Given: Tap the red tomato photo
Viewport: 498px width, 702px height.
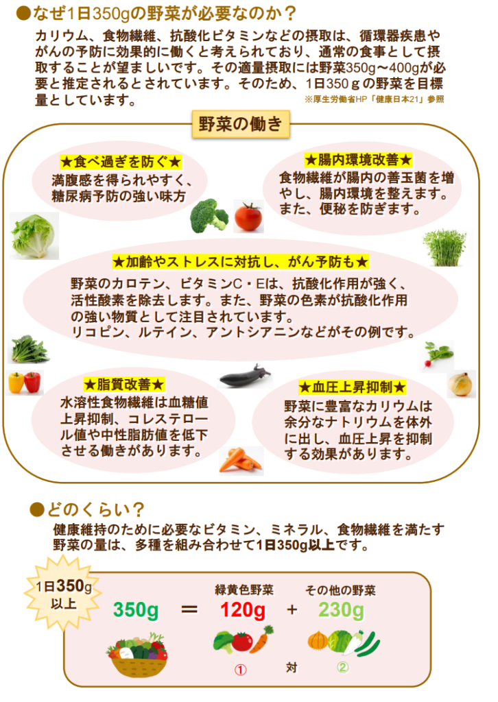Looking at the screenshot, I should click(x=248, y=217).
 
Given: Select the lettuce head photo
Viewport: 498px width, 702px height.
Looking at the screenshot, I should click(x=34, y=235).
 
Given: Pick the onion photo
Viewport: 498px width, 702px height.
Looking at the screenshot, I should click(x=460, y=384).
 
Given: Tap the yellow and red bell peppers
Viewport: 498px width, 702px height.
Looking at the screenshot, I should click(x=25, y=381).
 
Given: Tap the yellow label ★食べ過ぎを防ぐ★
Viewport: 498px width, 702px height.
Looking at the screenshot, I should click(x=120, y=162).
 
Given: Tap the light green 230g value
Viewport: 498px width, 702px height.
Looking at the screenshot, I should click(x=341, y=609).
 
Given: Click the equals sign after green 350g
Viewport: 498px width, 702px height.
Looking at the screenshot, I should click(x=190, y=609).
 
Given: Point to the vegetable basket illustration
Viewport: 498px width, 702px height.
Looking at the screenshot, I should click(x=137, y=653).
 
